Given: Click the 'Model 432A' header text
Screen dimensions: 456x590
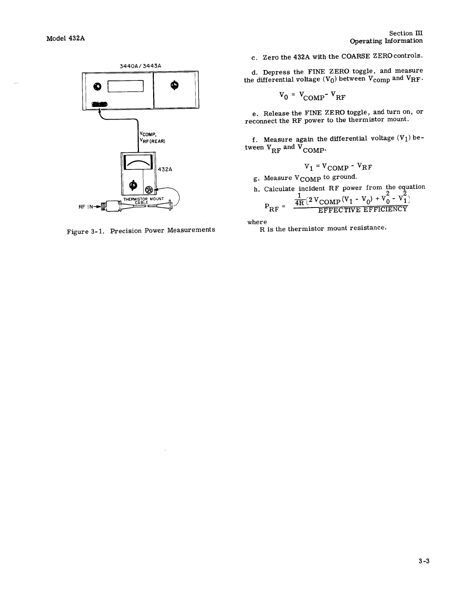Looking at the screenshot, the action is [66, 38].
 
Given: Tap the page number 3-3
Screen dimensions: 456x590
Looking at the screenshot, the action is [424, 561].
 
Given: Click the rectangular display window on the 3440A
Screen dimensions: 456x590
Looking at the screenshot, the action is [126, 86].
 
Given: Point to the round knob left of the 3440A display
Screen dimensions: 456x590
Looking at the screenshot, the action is [98, 86].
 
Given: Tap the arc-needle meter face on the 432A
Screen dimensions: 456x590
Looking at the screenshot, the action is [138, 162].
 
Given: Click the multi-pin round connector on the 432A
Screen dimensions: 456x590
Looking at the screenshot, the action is [149, 190].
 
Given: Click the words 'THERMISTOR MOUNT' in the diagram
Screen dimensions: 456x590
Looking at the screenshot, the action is [143, 199].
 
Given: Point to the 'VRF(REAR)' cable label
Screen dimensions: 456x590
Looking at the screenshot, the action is [152, 141].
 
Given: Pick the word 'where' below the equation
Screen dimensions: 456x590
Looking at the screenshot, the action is [257, 222].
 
